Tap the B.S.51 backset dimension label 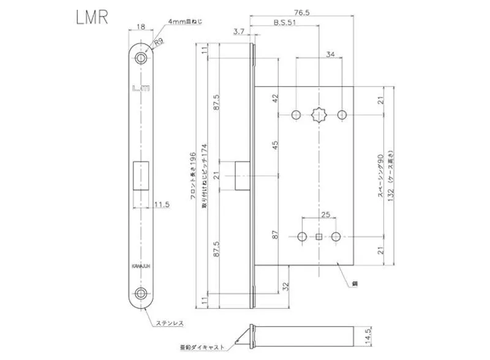click(x=286, y=23)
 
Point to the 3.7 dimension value click(x=239, y=31)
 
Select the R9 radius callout click(x=158, y=43)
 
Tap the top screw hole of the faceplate click(x=141, y=59)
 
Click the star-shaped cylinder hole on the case click(x=319, y=114)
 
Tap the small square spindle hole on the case click(x=319, y=236)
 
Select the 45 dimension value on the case click(x=275, y=145)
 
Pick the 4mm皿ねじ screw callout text click(x=186, y=22)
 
